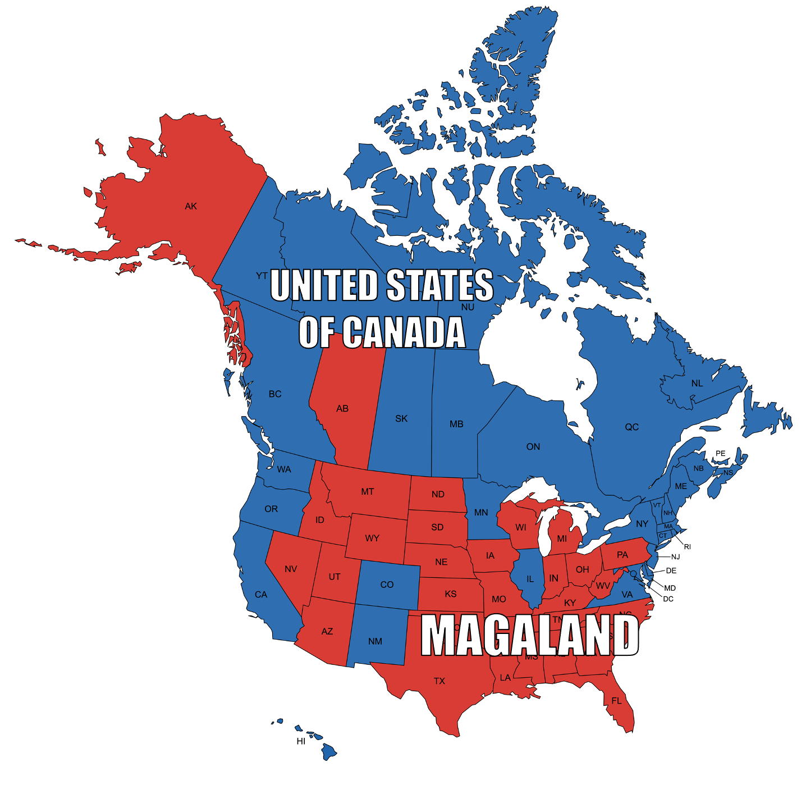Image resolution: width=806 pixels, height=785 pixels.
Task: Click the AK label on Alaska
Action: (191, 206)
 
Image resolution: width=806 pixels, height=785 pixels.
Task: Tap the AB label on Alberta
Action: (342, 409)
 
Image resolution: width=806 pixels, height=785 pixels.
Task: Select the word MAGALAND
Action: (530, 635)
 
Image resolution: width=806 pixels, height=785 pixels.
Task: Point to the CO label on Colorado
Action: (387, 585)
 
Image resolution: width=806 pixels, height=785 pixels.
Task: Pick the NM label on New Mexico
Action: (375, 641)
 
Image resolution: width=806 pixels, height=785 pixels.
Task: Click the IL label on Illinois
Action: (530, 579)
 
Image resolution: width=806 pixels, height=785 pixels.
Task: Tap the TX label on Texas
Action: (439, 681)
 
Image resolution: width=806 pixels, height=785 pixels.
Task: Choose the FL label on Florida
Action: (616, 701)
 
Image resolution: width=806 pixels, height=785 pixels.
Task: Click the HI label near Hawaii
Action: (301, 741)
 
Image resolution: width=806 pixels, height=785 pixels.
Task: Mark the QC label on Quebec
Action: (631, 427)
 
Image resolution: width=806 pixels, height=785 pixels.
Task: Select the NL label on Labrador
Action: (697, 383)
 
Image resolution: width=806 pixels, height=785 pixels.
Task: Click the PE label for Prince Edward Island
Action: (720, 453)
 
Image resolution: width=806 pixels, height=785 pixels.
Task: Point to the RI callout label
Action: (687, 546)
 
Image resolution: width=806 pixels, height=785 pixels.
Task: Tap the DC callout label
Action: (668, 599)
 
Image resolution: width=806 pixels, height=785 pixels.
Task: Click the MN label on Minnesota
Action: (481, 512)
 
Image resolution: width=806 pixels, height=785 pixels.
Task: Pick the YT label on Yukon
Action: (262, 276)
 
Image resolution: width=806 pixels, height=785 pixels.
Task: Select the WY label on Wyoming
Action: (372, 538)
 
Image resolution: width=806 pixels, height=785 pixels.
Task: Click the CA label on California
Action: (261, 594)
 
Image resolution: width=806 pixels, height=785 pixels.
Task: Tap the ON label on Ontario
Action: (533, 446)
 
